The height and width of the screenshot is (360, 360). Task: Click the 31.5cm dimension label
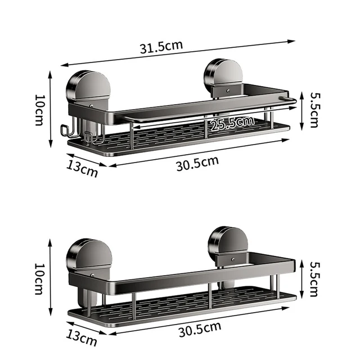[x=161, y=46]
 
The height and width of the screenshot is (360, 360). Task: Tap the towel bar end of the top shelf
[x=289, y=100]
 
